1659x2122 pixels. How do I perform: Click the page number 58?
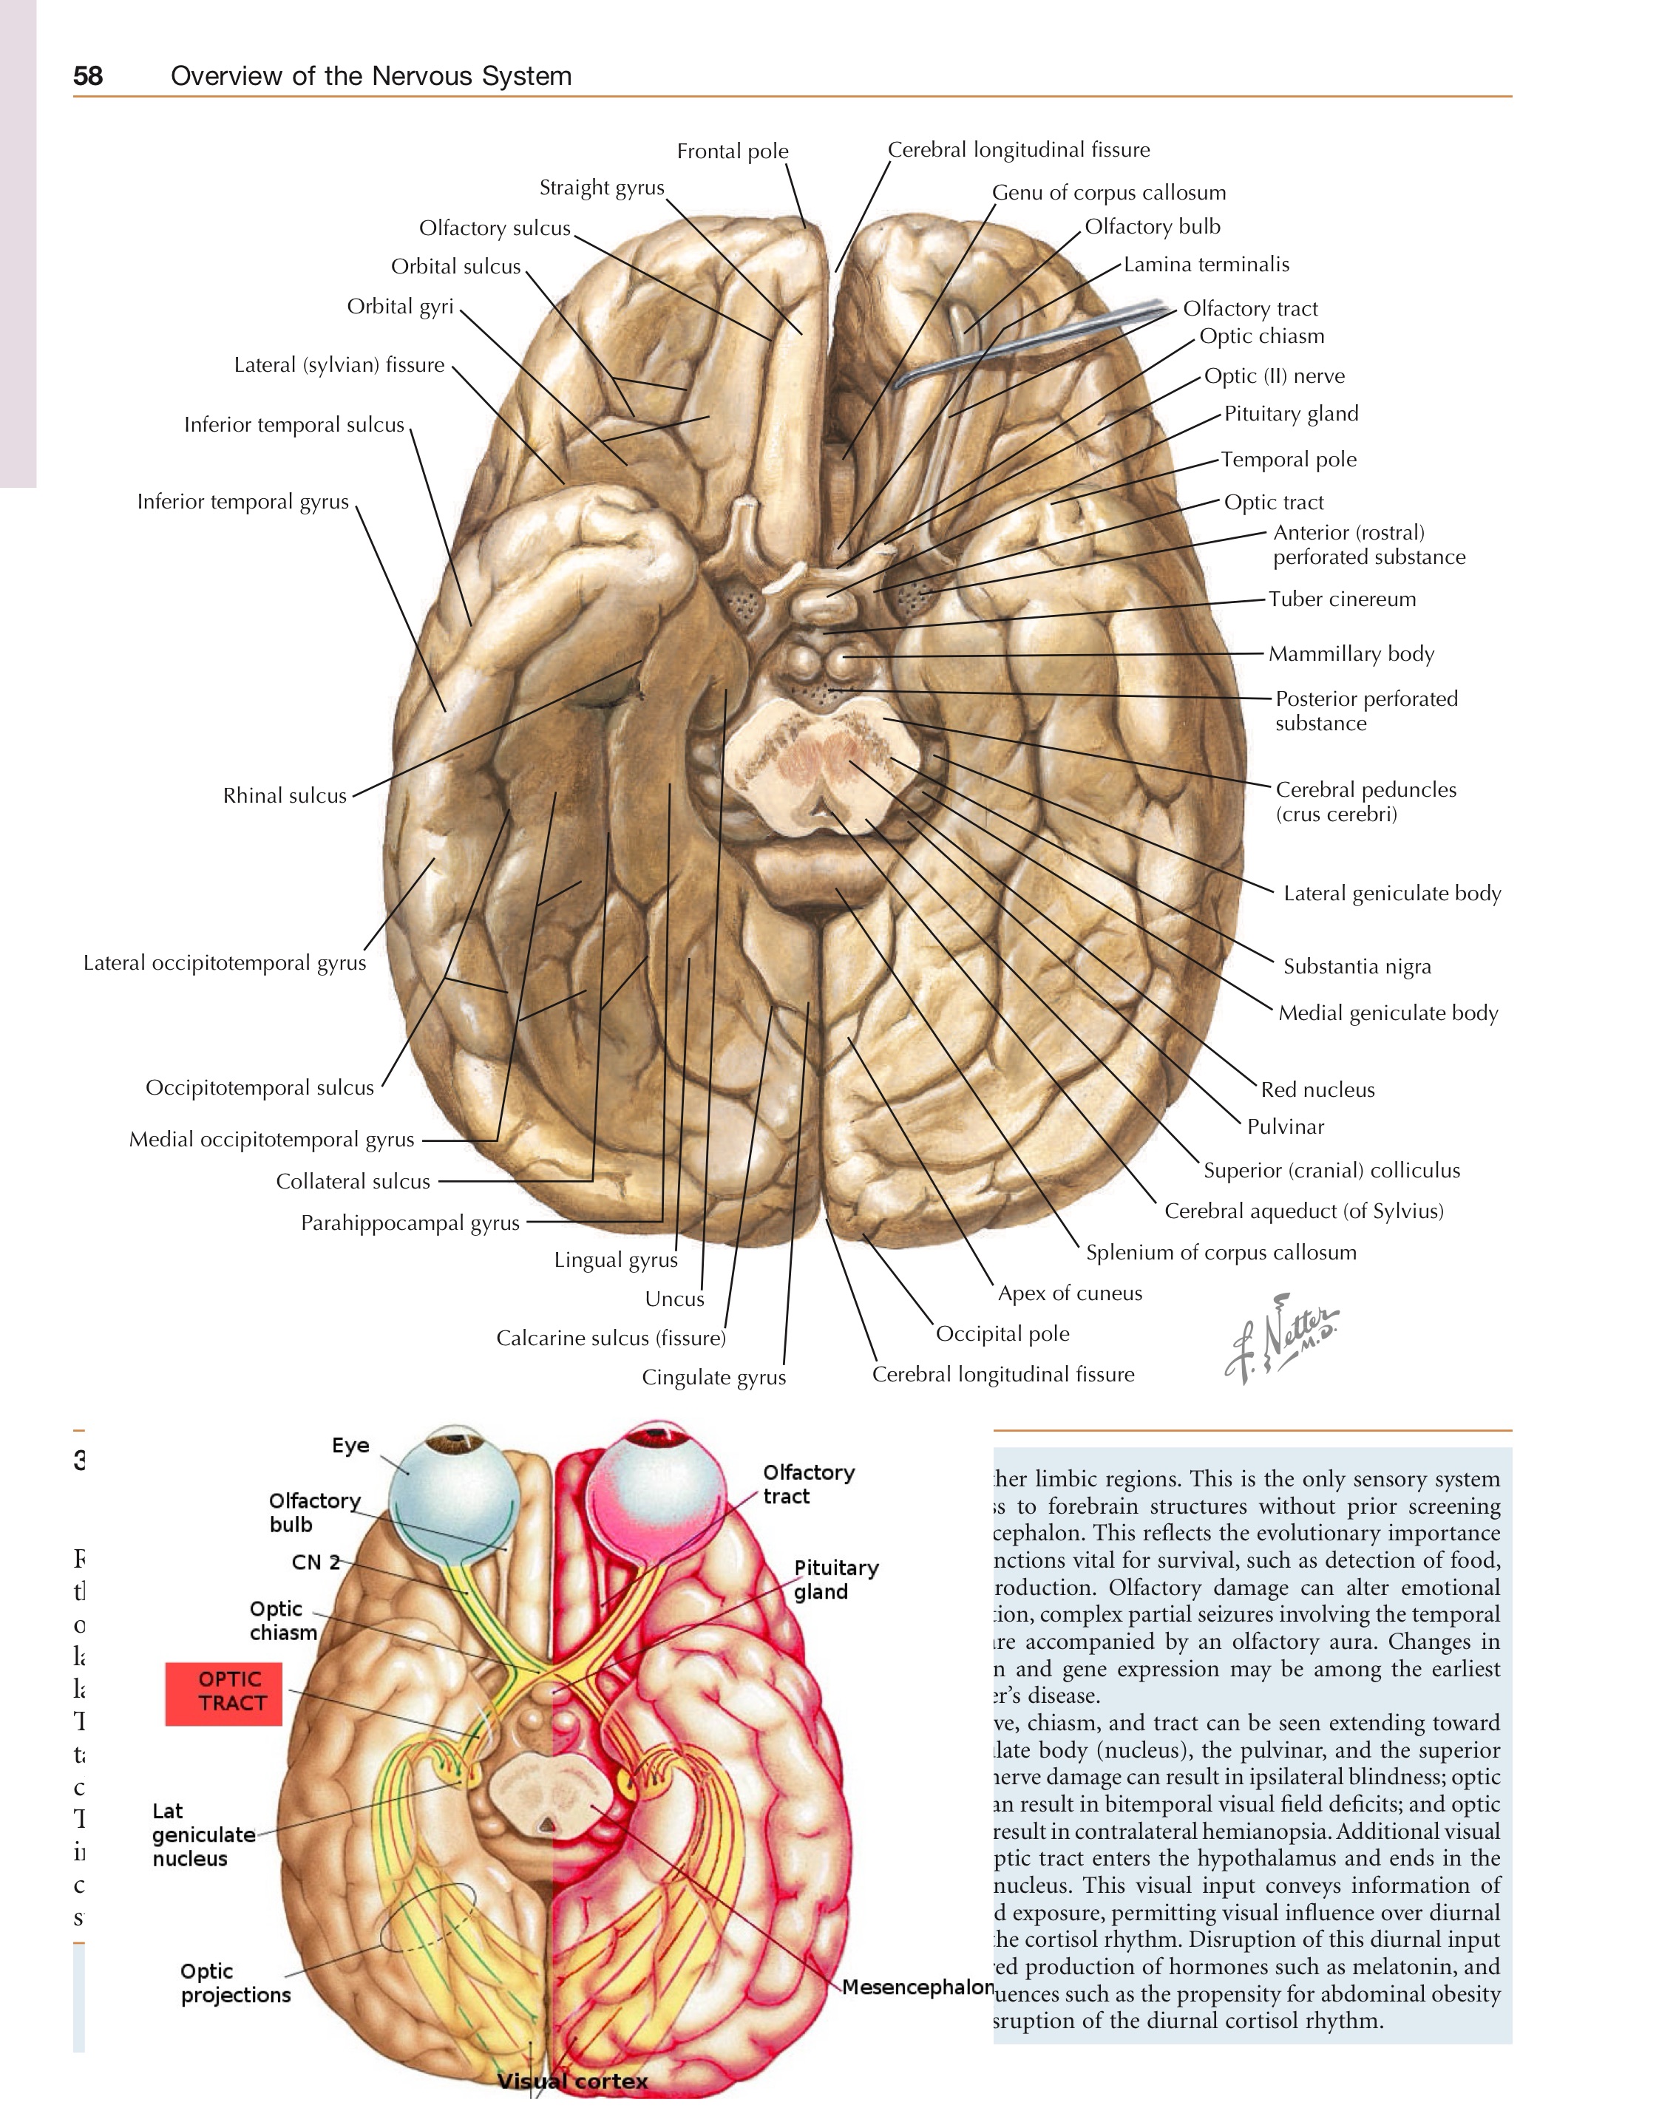pos(87,76)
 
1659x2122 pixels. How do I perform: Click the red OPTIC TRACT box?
pos(223,1692)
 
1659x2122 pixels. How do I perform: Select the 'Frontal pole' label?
pos(732,152)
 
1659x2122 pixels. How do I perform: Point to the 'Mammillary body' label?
pos(1351,654)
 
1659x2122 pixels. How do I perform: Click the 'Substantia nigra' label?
pos(1357,967)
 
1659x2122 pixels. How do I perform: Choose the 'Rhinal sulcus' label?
pos(285,796)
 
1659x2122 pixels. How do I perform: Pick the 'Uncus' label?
pos(674,1299)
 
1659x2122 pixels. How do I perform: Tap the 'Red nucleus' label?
pos(1317,1090)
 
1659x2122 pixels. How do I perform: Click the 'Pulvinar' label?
pos(1285,1127)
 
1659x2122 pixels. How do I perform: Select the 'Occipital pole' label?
pos(1002,1334)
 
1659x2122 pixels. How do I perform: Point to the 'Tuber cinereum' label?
pos(1342,599)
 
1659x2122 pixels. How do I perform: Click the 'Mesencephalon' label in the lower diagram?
pos(917,1987)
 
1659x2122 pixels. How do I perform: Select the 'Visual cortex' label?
pos(572,2081)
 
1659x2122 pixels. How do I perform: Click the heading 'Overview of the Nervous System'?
pos(371,76)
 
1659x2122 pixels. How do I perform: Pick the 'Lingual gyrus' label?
pos(615,1260)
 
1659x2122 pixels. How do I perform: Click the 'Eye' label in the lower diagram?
pos(350,1446)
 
